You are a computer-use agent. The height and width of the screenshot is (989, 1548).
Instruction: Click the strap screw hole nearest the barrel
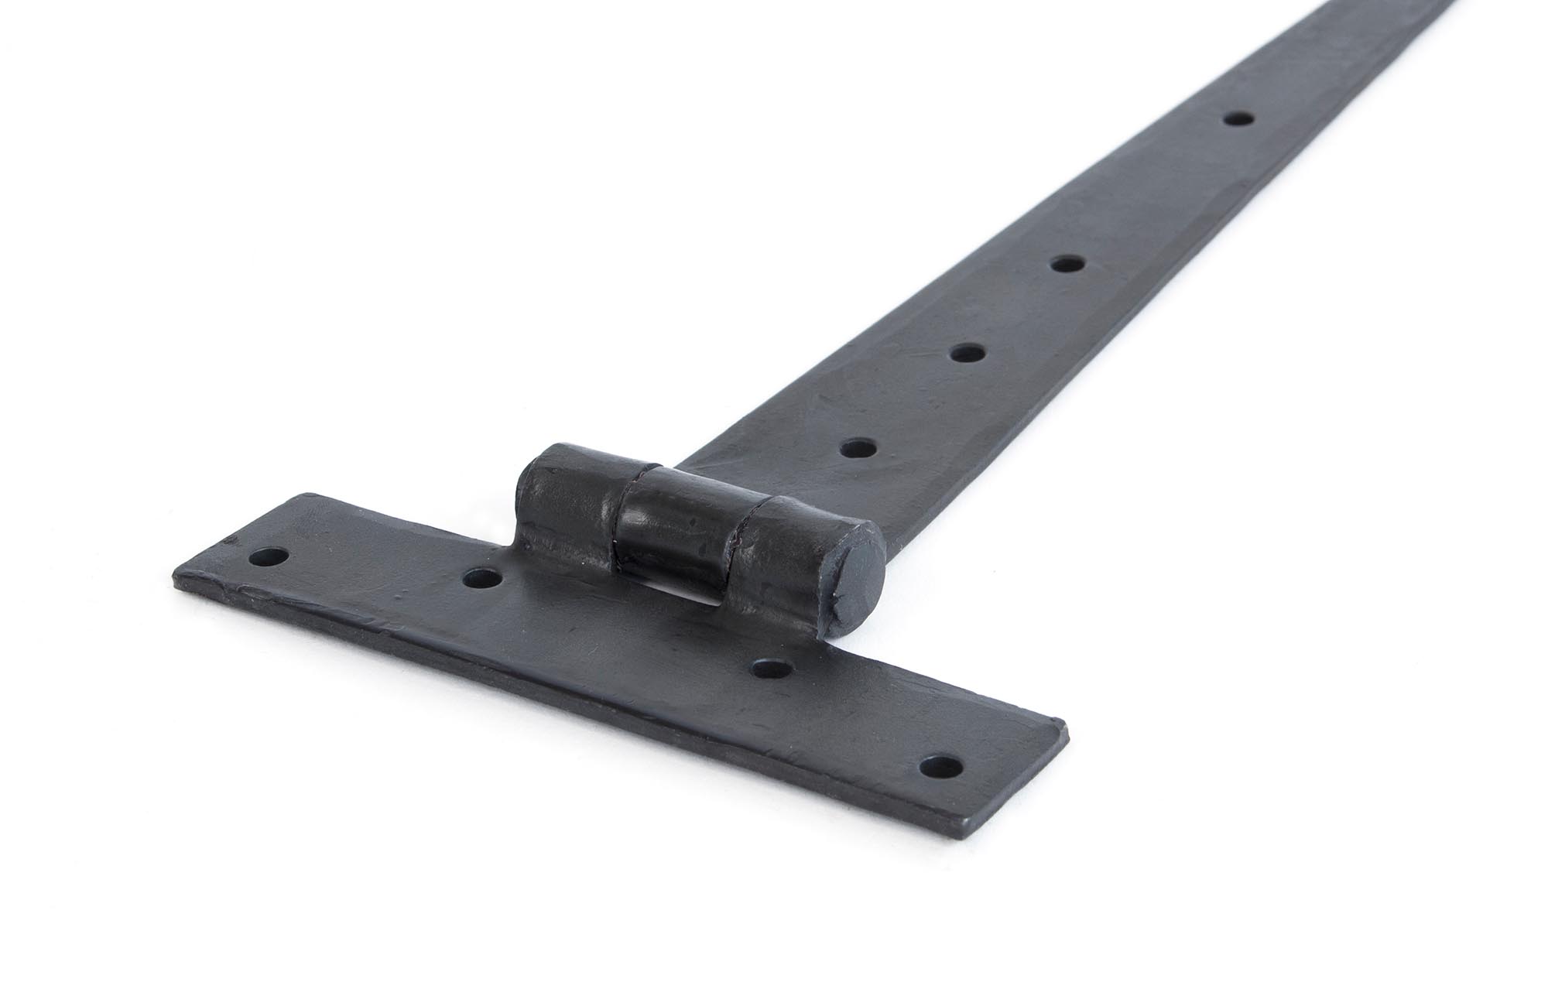pos(857,448)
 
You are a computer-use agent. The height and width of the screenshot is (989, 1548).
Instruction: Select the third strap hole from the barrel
pos(1067,265)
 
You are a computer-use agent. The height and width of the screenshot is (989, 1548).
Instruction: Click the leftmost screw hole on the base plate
pos(272,555)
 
